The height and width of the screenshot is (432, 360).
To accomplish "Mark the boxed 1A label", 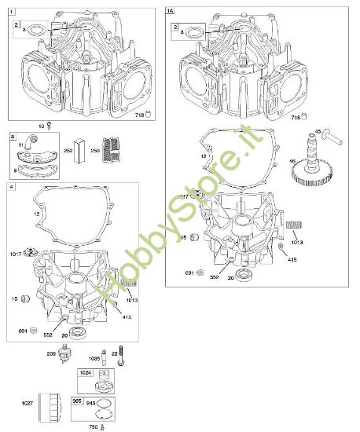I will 170,11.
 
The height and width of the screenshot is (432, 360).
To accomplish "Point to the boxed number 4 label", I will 9,187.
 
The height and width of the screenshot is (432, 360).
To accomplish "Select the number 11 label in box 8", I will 20,145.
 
